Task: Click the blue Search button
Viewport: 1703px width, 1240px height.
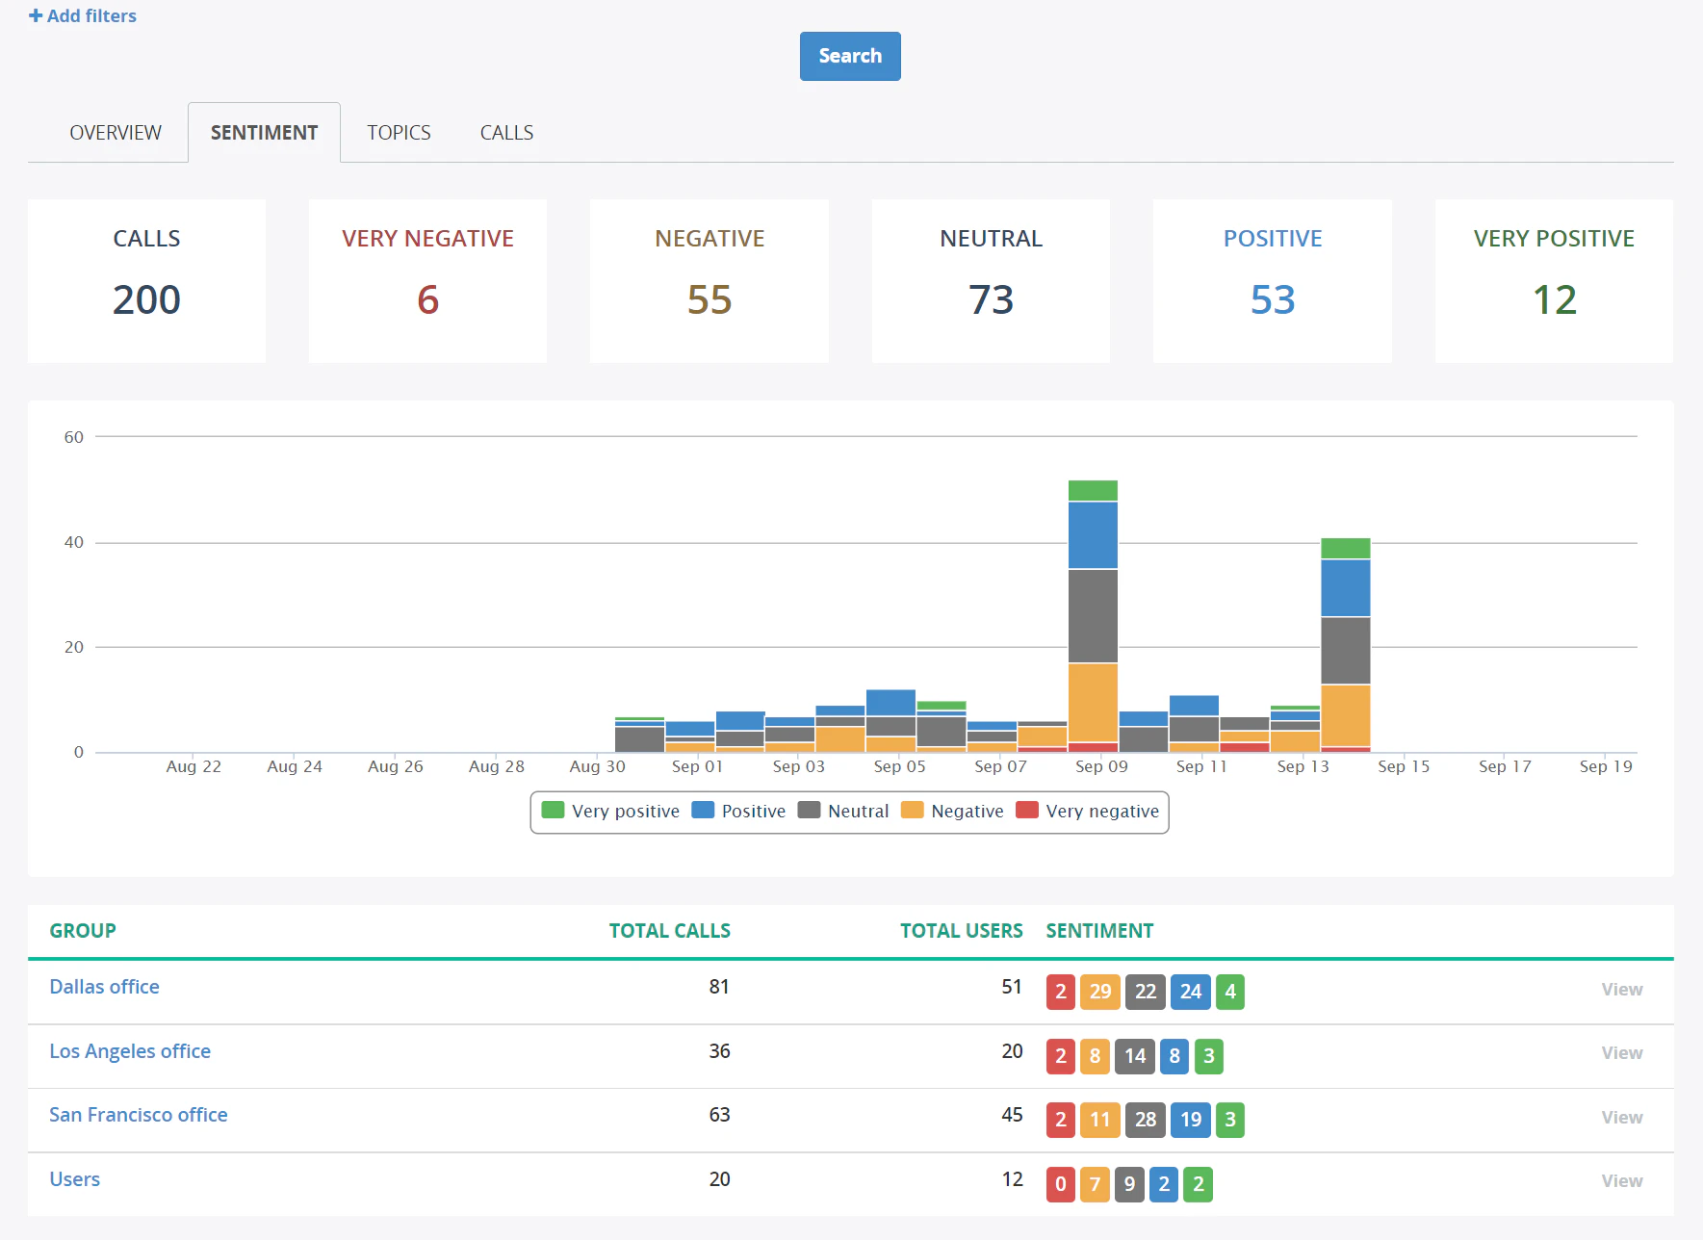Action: pyautogui.click(x=849, y=56)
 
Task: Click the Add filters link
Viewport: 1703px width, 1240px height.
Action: pyautogui.click(x=83, y=15)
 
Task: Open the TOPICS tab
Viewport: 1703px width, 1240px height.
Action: pyautogui.click(x=399, y=133)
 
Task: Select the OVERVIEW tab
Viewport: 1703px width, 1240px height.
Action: pyautogui.click(x=116, y=133)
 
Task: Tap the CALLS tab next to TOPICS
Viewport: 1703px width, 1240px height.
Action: pyautogui.click(x=506, y=133)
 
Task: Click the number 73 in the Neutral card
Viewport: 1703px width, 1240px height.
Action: pyautogui.click(x=991, y=299)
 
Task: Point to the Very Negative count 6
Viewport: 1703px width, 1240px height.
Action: pyautogui.click(x=427, y=299)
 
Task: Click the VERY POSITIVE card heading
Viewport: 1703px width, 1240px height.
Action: pyautogui.click(x=1553, y=238)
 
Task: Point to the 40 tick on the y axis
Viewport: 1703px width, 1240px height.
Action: pyautogui.click(x=74, y=542)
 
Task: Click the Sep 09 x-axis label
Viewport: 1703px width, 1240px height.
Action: pyautogui.click(x=1100, y=766)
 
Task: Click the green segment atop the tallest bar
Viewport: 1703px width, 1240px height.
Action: pyautogui.click(x=1093, y=490)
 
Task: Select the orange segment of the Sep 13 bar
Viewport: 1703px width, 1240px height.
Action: pyautogui.click(x=1345, y=715)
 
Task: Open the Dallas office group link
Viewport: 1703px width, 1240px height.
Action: pyautogui.click(x=104, y=987)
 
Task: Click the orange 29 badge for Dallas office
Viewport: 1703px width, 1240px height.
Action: pyautogui.click(x=1099, y=992)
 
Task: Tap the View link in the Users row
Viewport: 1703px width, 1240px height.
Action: pyautogui.click(x=1621, y=1180)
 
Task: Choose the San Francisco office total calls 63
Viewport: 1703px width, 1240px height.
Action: pyautogui.click(x=719, y=1115)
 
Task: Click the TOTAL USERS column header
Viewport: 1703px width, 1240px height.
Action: pyautogui.click(x=961, y=931)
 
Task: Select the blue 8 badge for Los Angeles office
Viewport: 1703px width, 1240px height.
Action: pyautogui.click(x=1174, y=1056)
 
